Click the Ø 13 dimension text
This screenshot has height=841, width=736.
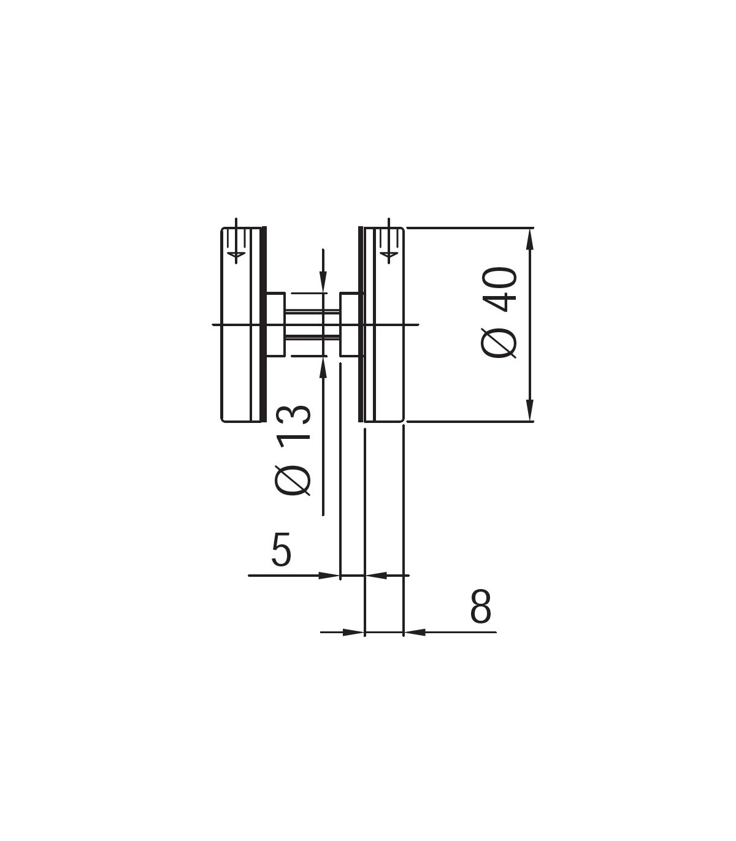293,451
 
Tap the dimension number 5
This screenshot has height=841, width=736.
282,549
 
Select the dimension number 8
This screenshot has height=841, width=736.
481,606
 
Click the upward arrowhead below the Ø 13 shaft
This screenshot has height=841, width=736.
323,367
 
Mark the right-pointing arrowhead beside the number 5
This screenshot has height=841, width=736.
329,576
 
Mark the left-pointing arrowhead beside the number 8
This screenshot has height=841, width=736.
415,632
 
